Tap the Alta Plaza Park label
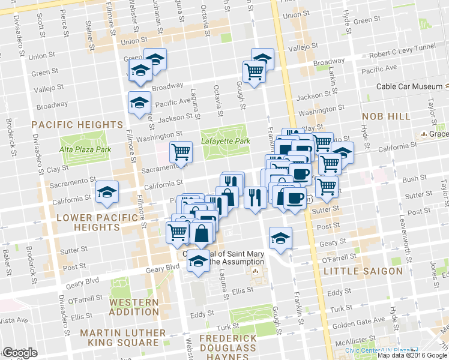tap(85, 149)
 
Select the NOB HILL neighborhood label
tap(386, 116)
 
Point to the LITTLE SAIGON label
tap(363, 271)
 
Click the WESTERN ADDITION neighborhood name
tap(134, 307)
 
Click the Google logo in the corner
tap(20, 353)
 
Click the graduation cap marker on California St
tap(107, 191)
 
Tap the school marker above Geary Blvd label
tap(198, 260)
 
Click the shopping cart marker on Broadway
tap(255, 72)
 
